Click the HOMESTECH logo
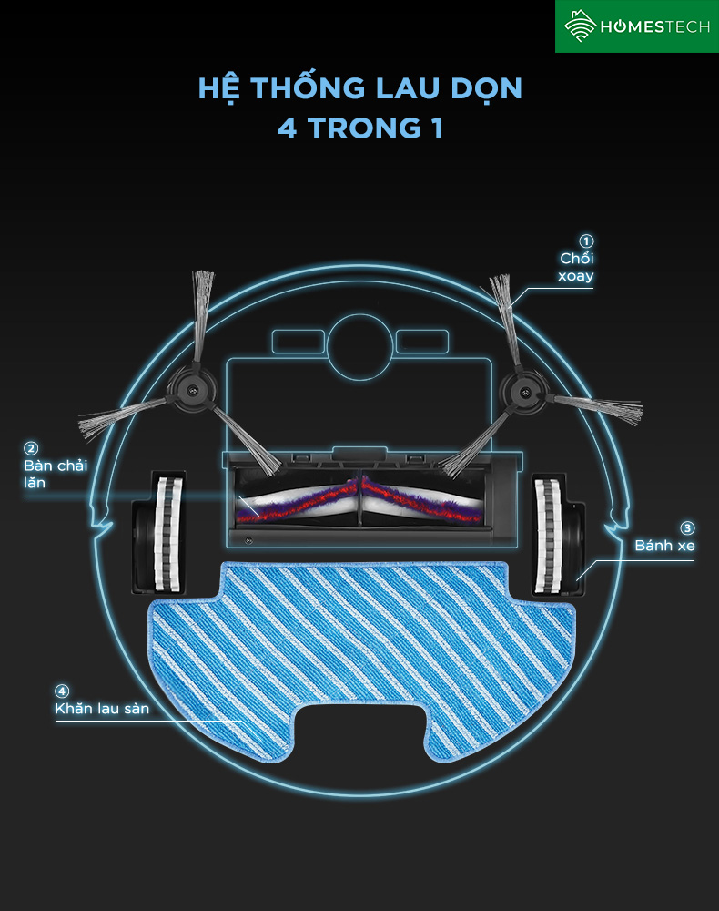(x=636, y=26)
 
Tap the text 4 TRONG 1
(x=359, y=128)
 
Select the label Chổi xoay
(x=577, y=267)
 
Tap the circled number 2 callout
(x=31, y=448)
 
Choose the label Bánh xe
(x=664, y=546)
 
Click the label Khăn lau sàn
(x=101, y=708)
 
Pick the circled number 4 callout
(x=62, y=691)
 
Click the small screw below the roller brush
(x=248, y=539)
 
